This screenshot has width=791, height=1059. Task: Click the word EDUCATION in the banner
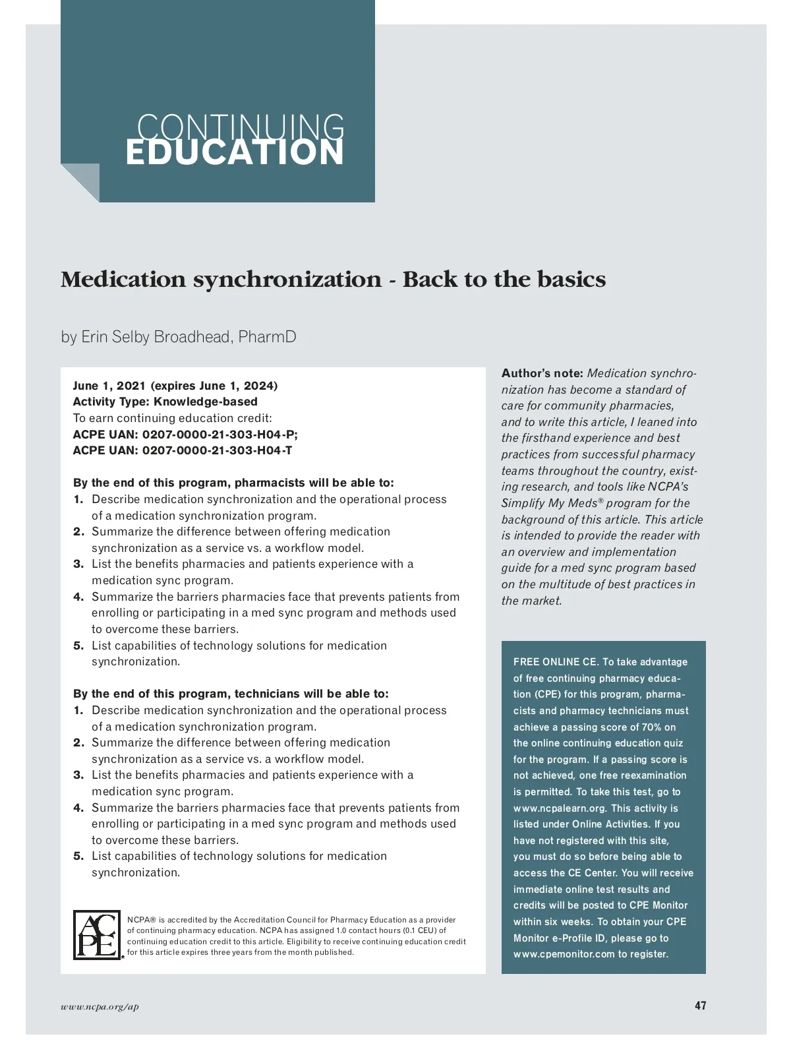pos(235,153)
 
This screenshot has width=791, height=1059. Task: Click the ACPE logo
pos(98,935)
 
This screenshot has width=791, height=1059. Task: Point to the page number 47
pos(700,1006)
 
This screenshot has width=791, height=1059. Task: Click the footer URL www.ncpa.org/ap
pos(100,1007)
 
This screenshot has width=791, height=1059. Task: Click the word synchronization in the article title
pos(287,280)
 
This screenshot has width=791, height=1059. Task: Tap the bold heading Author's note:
pos(542,373)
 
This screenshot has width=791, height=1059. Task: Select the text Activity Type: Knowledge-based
pos(165,402)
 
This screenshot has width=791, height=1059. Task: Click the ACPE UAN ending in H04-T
pos(183,450)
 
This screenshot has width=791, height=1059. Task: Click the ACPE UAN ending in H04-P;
pos(185,435)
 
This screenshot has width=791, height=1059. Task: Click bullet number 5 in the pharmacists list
pos(78,646)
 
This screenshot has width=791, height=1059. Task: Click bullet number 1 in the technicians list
pos(78,710)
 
